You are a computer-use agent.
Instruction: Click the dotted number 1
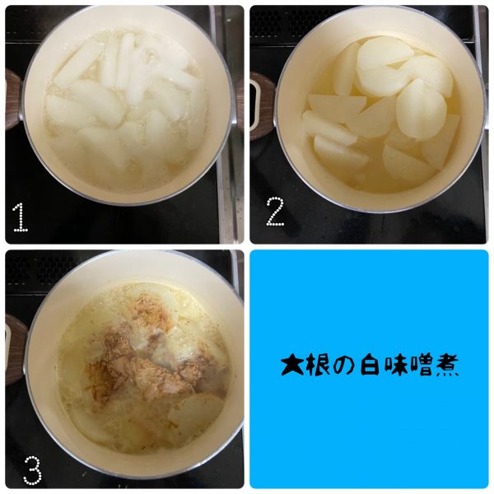21,217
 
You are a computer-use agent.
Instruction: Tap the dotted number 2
275,212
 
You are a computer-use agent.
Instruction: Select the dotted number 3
32,470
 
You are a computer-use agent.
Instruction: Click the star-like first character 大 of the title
292,365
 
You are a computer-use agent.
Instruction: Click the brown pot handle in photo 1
13,100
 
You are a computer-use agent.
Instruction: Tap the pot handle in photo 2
262,105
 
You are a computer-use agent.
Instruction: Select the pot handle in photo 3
15,350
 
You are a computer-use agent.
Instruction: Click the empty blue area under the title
369,435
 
